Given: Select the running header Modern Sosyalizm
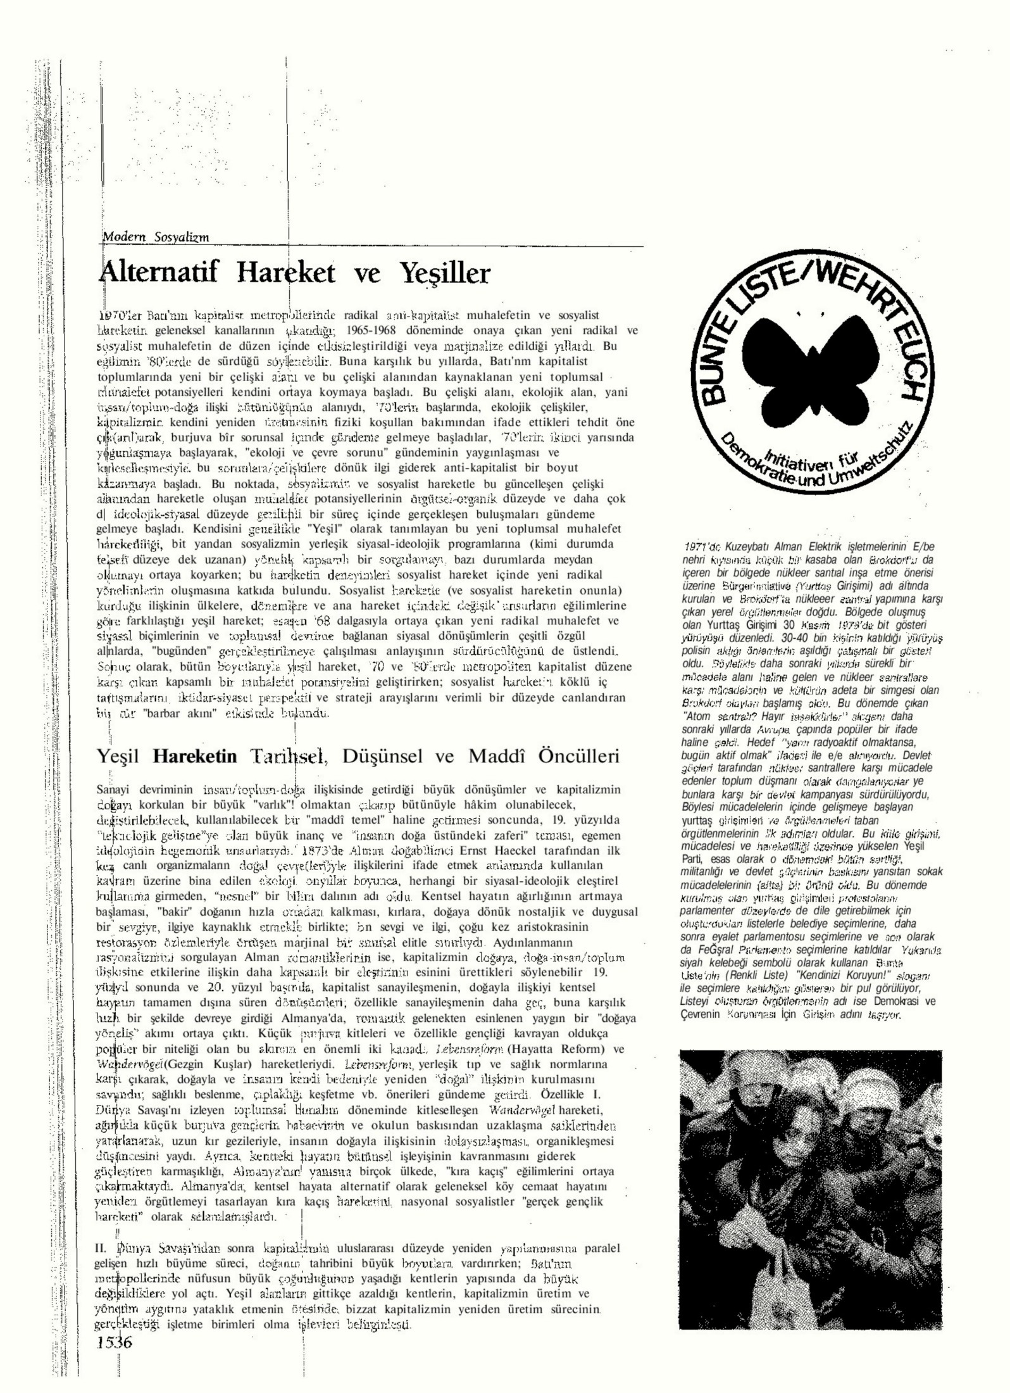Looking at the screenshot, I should pos(156,237).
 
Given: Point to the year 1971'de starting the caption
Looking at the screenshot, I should pos(702,547).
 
